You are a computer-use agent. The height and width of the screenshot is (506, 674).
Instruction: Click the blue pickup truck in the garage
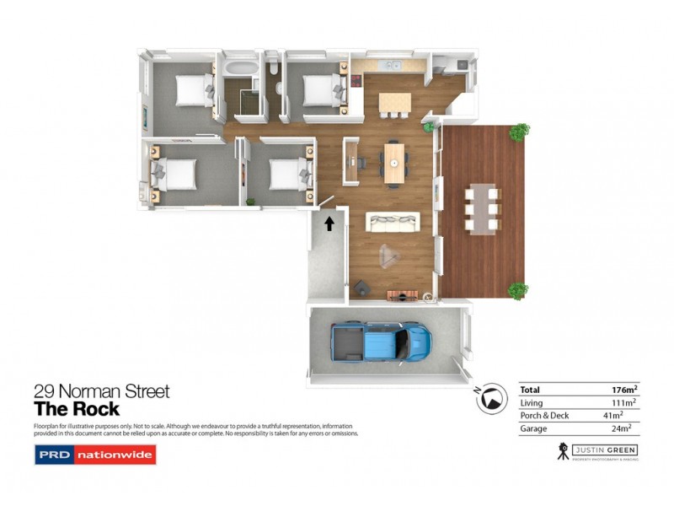point(381,342)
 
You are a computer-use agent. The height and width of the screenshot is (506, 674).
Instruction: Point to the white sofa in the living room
point(392,223)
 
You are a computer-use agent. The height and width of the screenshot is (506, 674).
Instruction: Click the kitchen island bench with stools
point(394,102)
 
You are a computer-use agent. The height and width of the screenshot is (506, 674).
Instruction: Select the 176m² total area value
point(624,390)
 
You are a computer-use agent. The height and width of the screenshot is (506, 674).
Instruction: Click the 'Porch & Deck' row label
point(543,416)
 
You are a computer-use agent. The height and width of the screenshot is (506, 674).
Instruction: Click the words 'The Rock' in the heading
point(76,411)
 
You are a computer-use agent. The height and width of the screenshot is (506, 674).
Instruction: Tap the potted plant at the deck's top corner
point(520,131)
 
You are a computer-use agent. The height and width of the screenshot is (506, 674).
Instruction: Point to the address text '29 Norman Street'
point(101,391)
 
